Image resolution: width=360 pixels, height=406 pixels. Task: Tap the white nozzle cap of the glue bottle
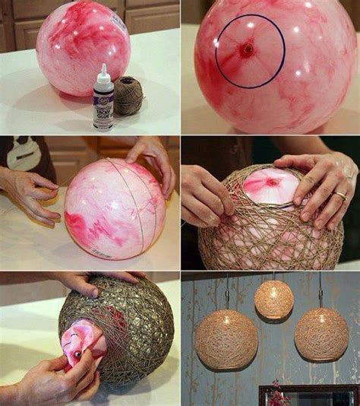pos(103,71)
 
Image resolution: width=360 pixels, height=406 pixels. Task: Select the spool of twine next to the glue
pos(128,95)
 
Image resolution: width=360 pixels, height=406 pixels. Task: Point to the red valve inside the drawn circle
pos(248,50)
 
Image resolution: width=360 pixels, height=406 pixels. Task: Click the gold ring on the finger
pos(340,195)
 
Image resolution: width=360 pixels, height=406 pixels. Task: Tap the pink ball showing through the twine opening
pos(270,186)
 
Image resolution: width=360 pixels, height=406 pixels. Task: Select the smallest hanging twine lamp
pos(273,299)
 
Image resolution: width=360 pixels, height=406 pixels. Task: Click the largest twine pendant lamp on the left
pos(226,338)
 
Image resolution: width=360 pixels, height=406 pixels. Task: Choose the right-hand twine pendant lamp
pos(321,333)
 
